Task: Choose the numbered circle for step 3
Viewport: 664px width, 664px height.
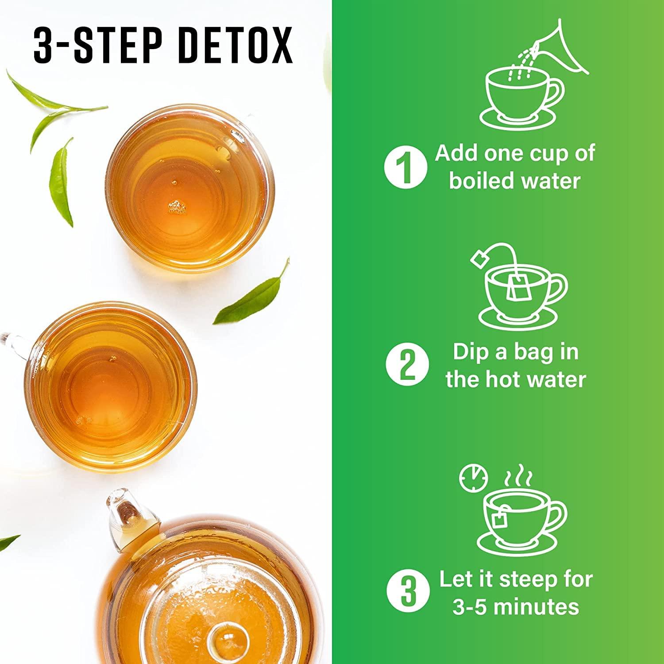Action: pyautogui.click(x=408, y=592)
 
